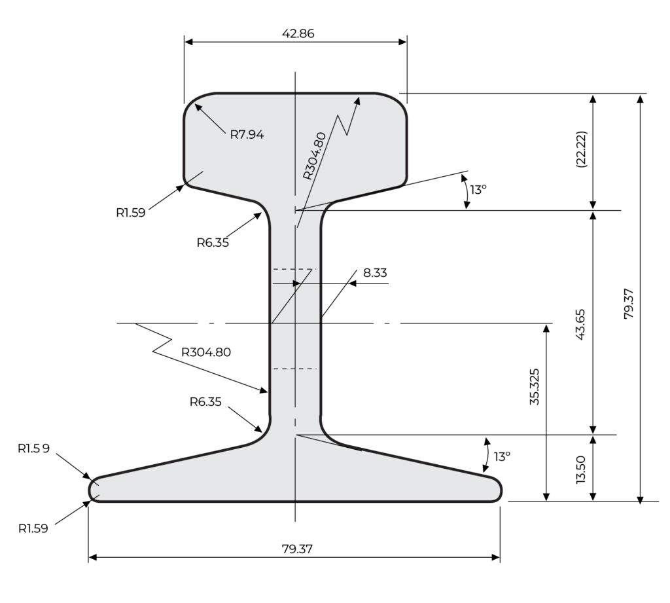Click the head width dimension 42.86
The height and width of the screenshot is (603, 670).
(x=295, y=33)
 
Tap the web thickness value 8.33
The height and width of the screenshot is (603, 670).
(x=374, y=272)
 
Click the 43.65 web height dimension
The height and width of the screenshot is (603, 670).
(x=582, y=322)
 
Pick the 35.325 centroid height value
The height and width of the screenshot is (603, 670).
(x=534, y=388)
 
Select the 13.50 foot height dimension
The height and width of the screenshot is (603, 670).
(x=581, y=469)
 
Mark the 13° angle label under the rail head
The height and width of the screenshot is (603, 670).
(x=479, y=190)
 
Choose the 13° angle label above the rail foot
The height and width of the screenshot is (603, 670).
(x=501, y=456)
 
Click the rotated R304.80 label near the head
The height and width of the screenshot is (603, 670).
(x=315, y=156)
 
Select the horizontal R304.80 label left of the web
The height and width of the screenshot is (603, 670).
(x=206, y=351)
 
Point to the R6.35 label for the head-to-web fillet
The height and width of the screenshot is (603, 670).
(x=213, y=243)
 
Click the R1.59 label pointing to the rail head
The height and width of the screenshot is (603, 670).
(x=132, y=211)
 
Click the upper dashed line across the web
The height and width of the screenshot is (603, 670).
(x=294, y=269)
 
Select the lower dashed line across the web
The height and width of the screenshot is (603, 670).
(x=294, y=369)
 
